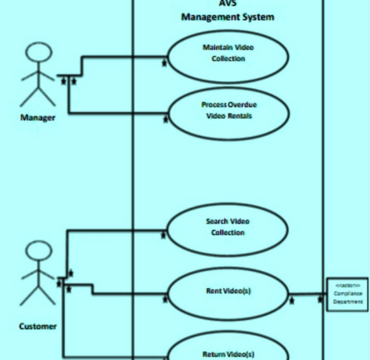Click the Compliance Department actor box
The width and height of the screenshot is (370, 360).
[348, 294]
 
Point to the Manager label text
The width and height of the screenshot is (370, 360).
[38, 118]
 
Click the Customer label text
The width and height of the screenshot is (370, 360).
[38, 327]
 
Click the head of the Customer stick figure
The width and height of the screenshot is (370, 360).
[39, 253]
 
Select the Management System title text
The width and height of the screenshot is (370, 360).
[228, 17]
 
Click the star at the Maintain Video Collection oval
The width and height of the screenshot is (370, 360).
[164, 63]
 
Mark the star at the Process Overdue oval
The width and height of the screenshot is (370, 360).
[166, 119]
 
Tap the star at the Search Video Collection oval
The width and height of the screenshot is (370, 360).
[164, 235]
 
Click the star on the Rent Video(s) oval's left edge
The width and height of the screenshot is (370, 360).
[165, 299]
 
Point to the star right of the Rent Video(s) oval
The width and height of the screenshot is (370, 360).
[292, 301]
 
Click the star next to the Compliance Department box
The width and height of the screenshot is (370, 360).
[320, 300]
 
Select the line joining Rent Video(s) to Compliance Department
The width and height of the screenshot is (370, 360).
[305, 294]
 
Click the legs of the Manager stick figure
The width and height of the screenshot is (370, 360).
[38, 96]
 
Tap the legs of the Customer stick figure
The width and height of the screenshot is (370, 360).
[38, 295]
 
